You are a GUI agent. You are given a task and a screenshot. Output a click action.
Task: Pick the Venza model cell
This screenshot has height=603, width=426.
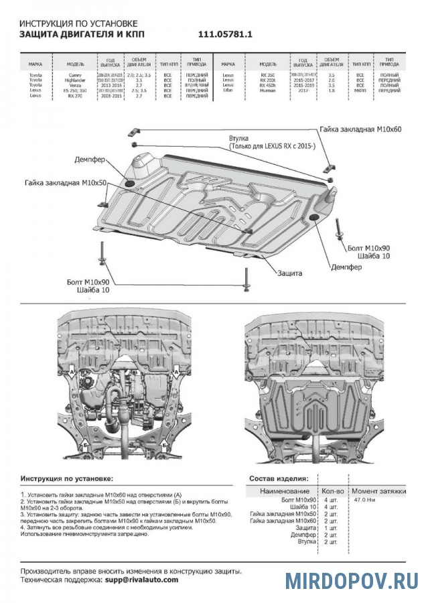click(76, 86)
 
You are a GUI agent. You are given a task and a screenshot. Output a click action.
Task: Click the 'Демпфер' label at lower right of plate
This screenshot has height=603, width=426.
click(346, 267)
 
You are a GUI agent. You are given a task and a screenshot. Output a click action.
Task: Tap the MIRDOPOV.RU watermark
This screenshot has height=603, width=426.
click(352, 580)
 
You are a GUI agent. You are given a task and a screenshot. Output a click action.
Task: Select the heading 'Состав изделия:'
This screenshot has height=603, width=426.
click(279, 479)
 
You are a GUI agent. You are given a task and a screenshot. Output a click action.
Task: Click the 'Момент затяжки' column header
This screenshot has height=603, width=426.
click(379, 491)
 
